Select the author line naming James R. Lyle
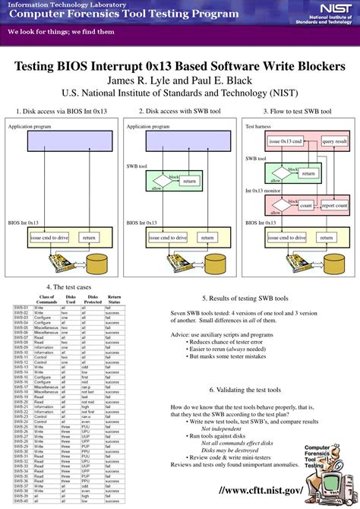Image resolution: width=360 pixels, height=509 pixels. pos(180,81)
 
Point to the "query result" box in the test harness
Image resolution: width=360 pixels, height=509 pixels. pos(334,141)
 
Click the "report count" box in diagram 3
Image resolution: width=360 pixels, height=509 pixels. pos(333,206)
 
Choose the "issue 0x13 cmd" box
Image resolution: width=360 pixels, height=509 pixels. pos(286,141)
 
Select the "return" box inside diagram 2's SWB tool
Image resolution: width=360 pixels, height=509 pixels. pos(189,182)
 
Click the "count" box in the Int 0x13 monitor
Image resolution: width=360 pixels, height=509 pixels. pos(306,206)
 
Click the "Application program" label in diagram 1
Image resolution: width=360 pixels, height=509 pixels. pos(30,127)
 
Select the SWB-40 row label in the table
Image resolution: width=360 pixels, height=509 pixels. pos(21,501)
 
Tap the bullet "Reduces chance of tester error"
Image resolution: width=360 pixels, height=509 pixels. pos(228,342)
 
